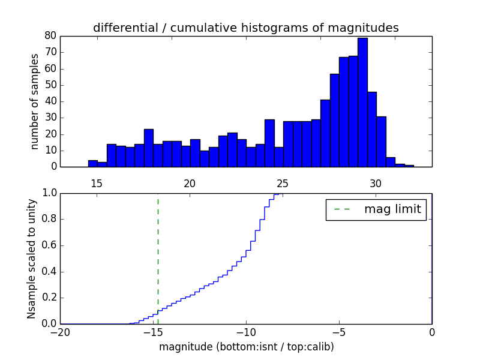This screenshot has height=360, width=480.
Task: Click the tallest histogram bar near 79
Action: coord(362,102)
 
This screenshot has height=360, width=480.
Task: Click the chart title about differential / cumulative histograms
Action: coord(245,28)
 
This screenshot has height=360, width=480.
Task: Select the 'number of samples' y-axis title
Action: coord(35,101)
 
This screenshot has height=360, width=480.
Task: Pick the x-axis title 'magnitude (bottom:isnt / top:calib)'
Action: coord(246,347)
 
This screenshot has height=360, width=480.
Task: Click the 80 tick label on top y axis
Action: coord(50,35)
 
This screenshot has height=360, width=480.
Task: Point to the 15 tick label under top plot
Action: coord(97,184)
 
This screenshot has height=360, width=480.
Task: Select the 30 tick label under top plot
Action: coord(376,184)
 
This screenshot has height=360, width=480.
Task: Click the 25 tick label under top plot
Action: coord(283,184)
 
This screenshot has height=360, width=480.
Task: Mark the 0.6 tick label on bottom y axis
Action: coord(48,245)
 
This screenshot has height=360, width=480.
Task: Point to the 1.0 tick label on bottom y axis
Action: coord(48,193)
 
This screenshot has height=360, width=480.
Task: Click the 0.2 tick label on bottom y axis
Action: coord(48,298)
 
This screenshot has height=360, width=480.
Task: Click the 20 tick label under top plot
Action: coord(190,184)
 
